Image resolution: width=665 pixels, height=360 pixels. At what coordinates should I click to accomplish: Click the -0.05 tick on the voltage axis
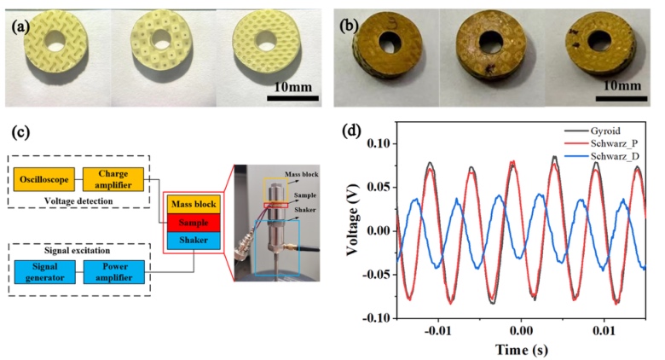(374, 274)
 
